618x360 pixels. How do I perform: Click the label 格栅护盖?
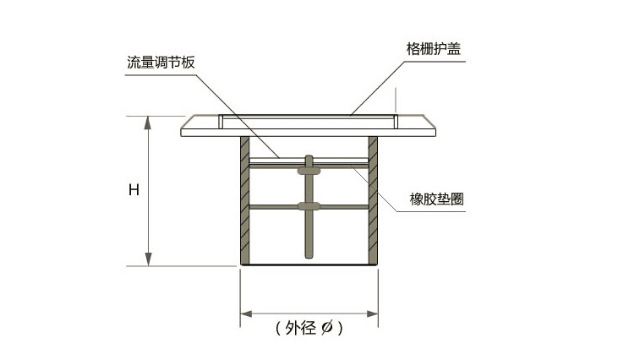[432, 48]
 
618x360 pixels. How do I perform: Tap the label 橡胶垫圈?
[435, 199]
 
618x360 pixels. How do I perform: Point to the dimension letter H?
[134, 190]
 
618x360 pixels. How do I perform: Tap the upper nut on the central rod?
[309, 170]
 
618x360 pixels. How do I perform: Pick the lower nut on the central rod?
[309, 206]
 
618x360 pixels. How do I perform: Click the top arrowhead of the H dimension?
[149, 122]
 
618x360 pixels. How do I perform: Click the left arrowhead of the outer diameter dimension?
[246, 314]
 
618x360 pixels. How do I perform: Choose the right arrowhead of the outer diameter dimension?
[372, 314]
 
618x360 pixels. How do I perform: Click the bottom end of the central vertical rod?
[309, 255]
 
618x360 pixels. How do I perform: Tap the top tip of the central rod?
[309, 157]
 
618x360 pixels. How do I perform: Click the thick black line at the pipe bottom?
[309, 266]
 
